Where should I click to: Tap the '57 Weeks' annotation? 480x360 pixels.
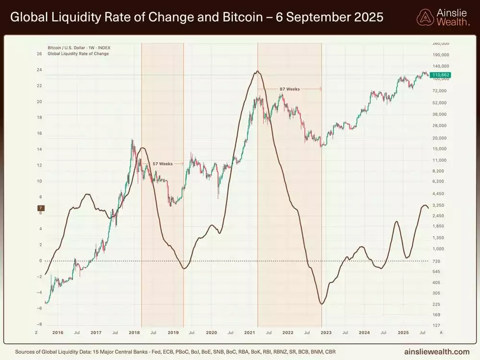point(162,164)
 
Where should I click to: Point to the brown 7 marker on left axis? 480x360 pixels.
point(41,208)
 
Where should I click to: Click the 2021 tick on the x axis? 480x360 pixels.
point(250,332)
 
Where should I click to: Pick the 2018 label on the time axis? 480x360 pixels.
point(134,332)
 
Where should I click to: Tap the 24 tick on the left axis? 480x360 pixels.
point(39,70)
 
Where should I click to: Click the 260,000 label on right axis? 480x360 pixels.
point(440,43)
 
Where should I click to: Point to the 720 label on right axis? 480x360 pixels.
point(436,261)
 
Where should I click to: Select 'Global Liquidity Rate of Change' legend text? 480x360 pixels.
point(78,54)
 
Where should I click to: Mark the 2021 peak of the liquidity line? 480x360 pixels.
point(258,72)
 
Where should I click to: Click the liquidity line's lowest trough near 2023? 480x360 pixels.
point(321,304)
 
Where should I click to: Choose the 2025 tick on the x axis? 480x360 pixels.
point(403,332)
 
